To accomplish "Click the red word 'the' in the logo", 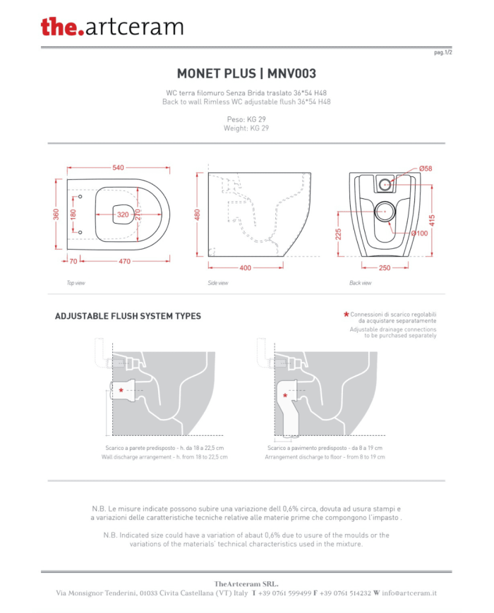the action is pos(59,27).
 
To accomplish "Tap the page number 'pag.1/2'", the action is pos(442,52).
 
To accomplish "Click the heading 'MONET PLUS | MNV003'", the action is pos(246,73).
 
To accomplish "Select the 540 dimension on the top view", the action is pos(118,168).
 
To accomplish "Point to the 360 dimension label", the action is pos(56,214).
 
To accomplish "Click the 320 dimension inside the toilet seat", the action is pos(123,214).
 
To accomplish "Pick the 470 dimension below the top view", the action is pos(124,261).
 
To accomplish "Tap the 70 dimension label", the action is pos(73,261).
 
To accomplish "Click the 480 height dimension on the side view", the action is pos(197,214).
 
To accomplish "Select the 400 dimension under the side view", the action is pos(246,268).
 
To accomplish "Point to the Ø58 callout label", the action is pos(426,169).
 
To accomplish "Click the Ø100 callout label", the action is pos(419,233).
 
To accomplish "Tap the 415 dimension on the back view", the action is pos(432,221).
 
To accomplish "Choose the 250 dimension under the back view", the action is pos(385,268).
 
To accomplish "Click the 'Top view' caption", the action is pos(76,283).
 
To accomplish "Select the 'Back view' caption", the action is pos(360,283).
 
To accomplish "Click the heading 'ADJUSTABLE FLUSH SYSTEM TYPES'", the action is pos(128,316).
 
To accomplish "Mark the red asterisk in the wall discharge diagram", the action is pos(121,390).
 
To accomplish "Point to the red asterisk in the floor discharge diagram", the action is pos(285,396).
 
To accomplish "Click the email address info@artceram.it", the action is pos(409,593).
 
